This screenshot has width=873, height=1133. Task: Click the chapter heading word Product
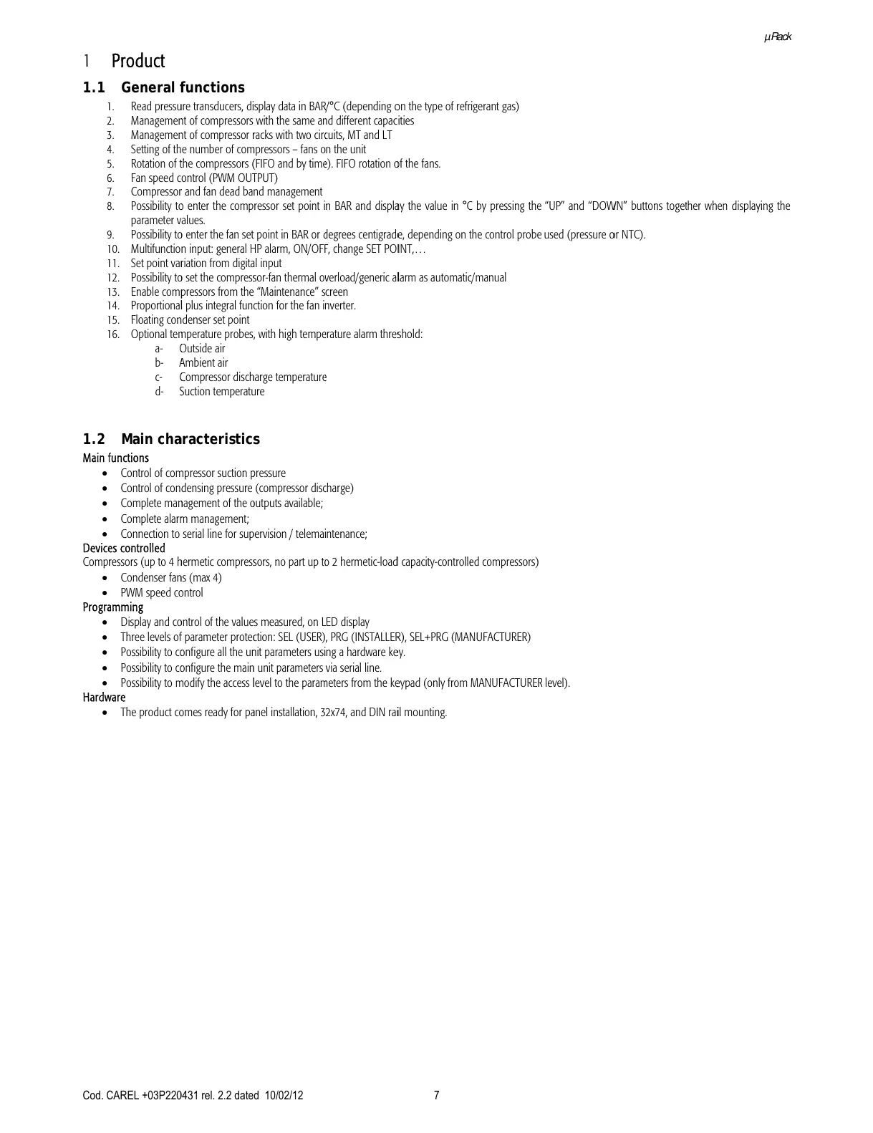[x=138, y=61]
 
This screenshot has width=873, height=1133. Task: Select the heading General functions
[x=183, y=87]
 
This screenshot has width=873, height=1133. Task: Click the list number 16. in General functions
[x=112, y=334]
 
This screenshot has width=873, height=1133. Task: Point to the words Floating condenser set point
[x=190, y=320]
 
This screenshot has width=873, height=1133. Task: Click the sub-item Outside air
[x=202, y=349]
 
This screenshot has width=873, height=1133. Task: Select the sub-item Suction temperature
[x=221, y=392]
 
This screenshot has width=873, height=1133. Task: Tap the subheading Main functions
[x=116, y=458]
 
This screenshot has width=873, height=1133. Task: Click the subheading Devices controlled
[x=124, y=549]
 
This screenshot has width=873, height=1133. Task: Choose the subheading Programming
[x=113, y=607]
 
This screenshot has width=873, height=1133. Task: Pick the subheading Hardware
[x=104, y=698]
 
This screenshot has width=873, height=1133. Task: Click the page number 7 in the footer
[x=437, y=1095]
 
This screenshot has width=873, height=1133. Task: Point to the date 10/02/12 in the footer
[x=284, y=1095]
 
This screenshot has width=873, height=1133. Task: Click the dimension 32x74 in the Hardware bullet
[x=333, y=713]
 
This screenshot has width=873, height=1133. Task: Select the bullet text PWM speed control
[x=161, y=593]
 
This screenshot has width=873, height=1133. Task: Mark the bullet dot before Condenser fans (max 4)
[x=106, y=578]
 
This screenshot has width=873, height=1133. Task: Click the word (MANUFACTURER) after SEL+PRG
[x=491, y=637]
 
